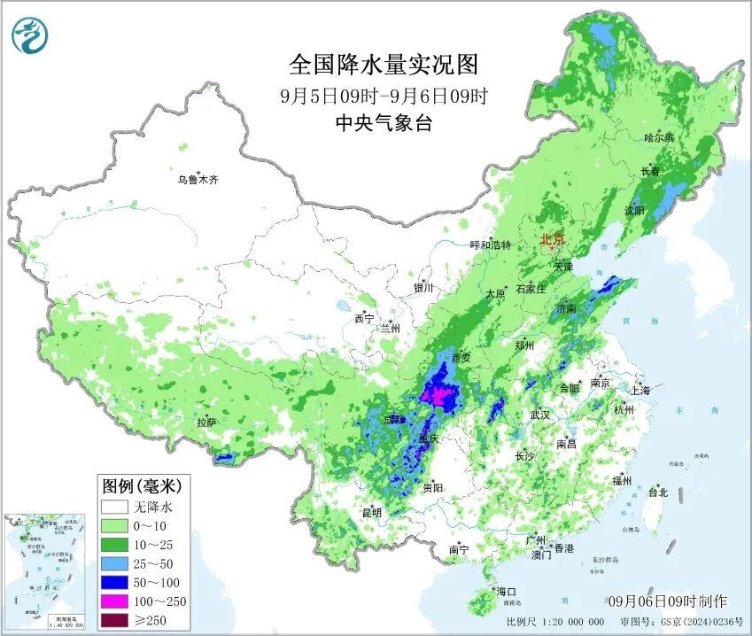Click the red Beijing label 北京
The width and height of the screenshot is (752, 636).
coord(553,239)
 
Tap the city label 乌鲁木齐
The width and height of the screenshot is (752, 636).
coord(197,180)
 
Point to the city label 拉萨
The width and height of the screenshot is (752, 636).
coord(206,423)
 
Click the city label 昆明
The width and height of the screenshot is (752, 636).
coord(371,512)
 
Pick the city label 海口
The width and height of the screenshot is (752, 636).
coord(507,591)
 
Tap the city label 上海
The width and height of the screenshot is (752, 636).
coord(640,390)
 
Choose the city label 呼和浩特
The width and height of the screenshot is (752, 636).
coord(490,244)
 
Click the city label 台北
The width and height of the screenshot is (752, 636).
coord(658,492)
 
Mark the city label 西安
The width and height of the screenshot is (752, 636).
coord(461,358)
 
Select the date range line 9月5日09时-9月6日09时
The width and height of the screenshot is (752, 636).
coord(383,96)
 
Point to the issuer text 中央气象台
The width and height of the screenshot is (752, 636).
coord(383,124)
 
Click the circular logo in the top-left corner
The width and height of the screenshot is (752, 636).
coord(30,35)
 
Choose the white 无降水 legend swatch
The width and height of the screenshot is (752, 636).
coord(114,508)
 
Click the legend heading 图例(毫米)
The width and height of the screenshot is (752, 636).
coord(142,485)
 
